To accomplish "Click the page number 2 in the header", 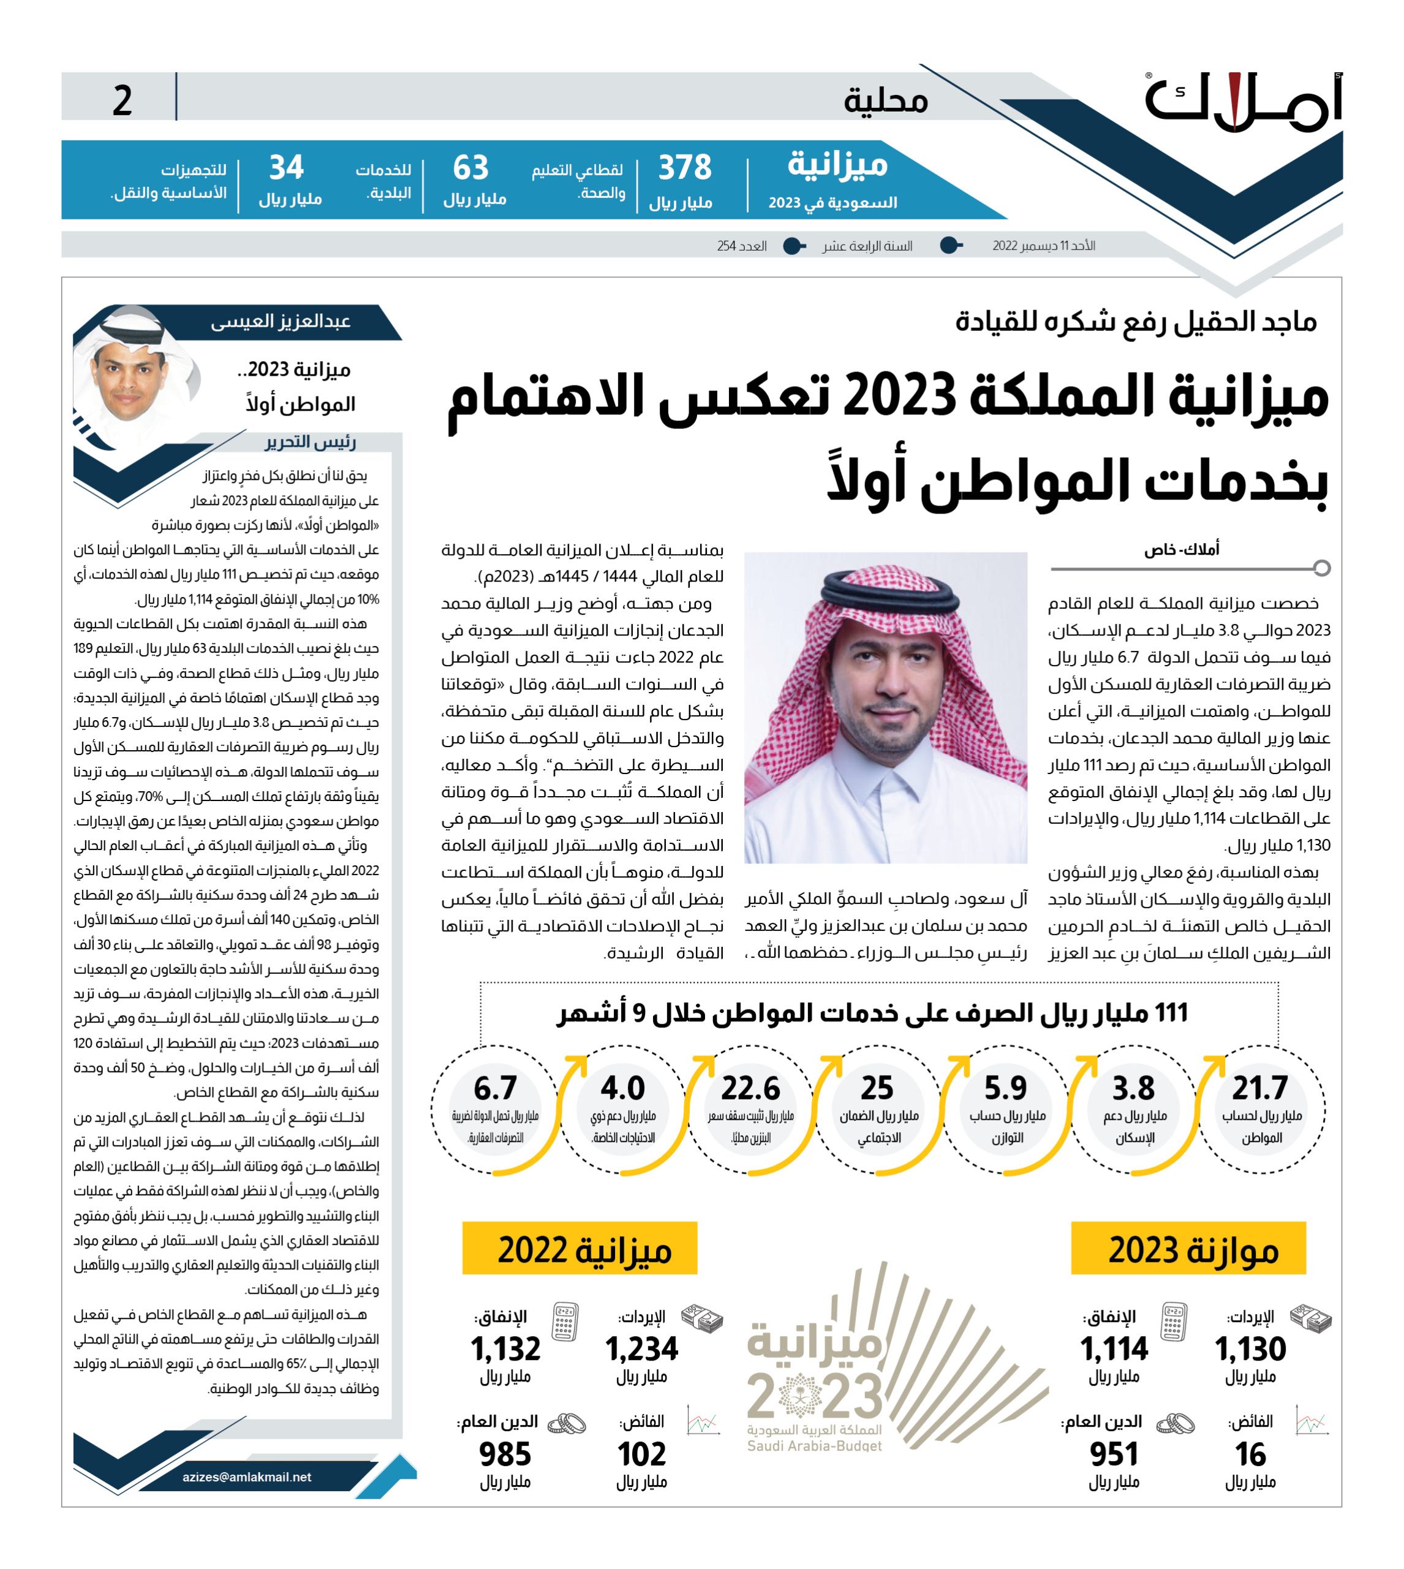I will tap(122, 101).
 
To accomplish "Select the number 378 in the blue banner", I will tap(684, 167).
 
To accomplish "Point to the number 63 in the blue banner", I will tap(470, 167).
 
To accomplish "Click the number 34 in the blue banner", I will tap(286, 167).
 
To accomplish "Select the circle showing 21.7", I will tap(1260, 1110).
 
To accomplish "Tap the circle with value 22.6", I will tap(750, 1110).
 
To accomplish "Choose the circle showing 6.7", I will tap(494, 1110).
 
